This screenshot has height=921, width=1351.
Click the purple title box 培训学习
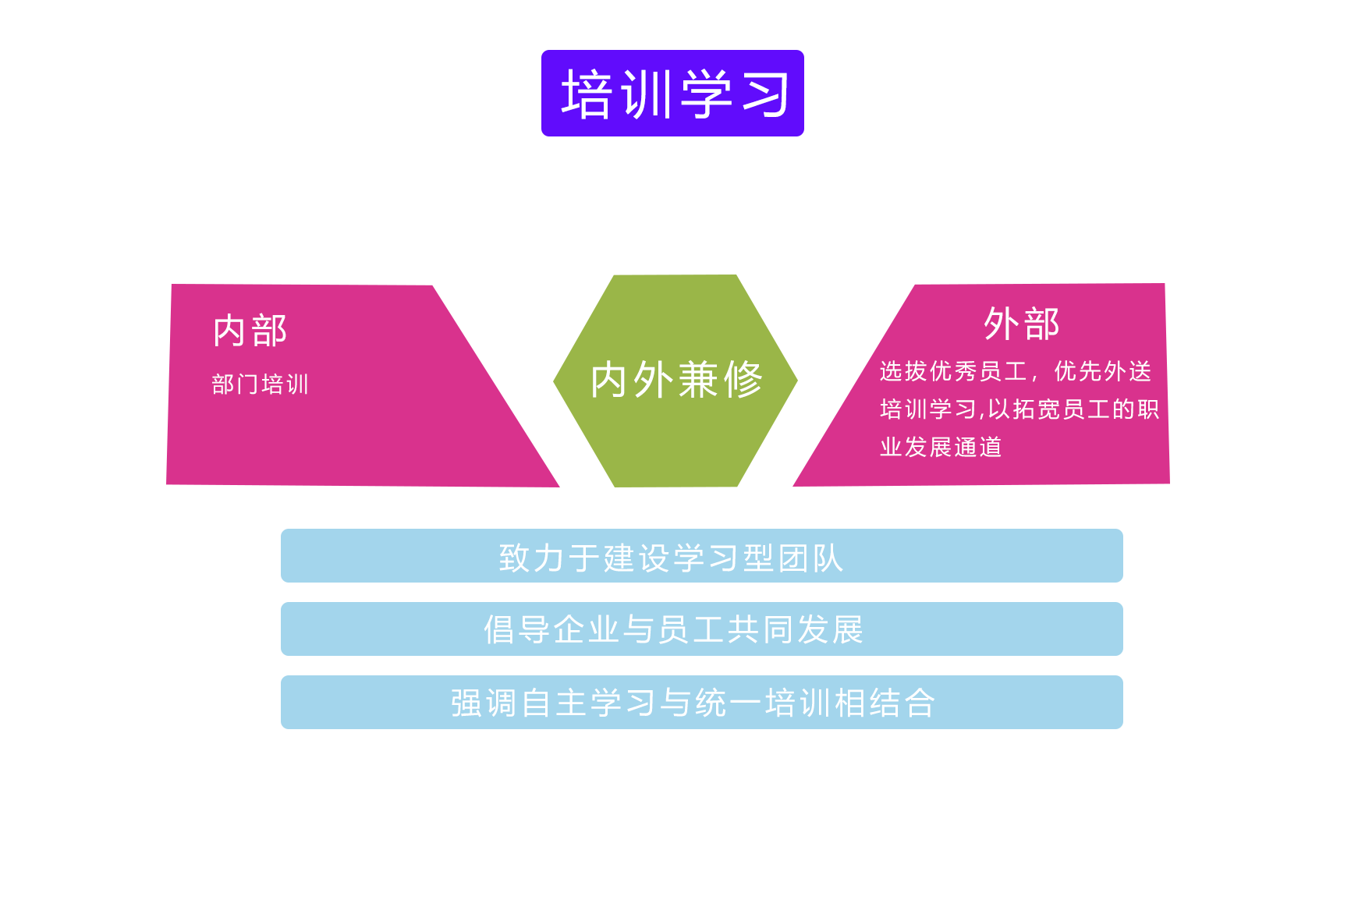tap(672, 93)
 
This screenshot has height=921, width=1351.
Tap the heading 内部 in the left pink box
tap(250, 331)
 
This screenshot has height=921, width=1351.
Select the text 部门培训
tap(260, 384)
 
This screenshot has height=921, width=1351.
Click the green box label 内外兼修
tap(675, 380)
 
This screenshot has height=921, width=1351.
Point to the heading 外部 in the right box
tap(1021, 324)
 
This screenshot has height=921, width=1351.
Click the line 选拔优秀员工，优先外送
tap(1015, 371)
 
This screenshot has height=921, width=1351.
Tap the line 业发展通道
tap(941, 447)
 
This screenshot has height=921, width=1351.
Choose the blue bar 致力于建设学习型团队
tap(701, 555)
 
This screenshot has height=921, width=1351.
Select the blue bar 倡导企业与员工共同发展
tap(701, 629)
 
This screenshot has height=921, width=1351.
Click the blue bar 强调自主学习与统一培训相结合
tap(701, 702)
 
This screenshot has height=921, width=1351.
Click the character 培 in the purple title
tap(586, 94)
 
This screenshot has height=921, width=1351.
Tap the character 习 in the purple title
tap(765, 94)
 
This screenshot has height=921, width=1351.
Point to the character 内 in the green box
tap(608, 380)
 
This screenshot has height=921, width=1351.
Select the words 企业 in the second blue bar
tap(571, 630)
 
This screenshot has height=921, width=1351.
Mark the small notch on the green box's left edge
tap(556, 381)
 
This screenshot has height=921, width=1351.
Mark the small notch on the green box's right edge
tap(795, 381)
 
